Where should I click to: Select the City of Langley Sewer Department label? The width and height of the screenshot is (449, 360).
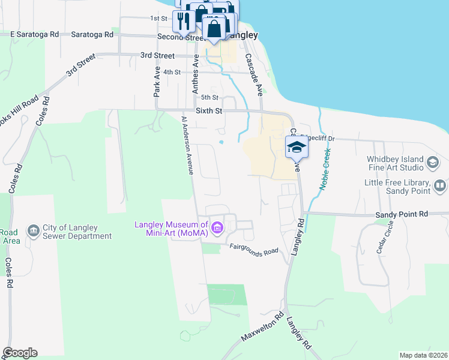[77, 232]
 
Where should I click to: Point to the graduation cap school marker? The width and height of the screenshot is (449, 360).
[297, 147]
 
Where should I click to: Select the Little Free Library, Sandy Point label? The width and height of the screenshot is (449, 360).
[397, 187]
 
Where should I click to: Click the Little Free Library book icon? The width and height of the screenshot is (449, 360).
[440, 187]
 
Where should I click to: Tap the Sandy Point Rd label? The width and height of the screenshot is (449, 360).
[402, 214]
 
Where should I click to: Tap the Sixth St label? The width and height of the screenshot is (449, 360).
[209, 111]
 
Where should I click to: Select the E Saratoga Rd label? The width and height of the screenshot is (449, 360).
[34, 34]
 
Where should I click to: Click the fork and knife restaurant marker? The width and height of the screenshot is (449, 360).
[182, 21]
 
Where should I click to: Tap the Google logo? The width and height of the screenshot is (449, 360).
[20, 353]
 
